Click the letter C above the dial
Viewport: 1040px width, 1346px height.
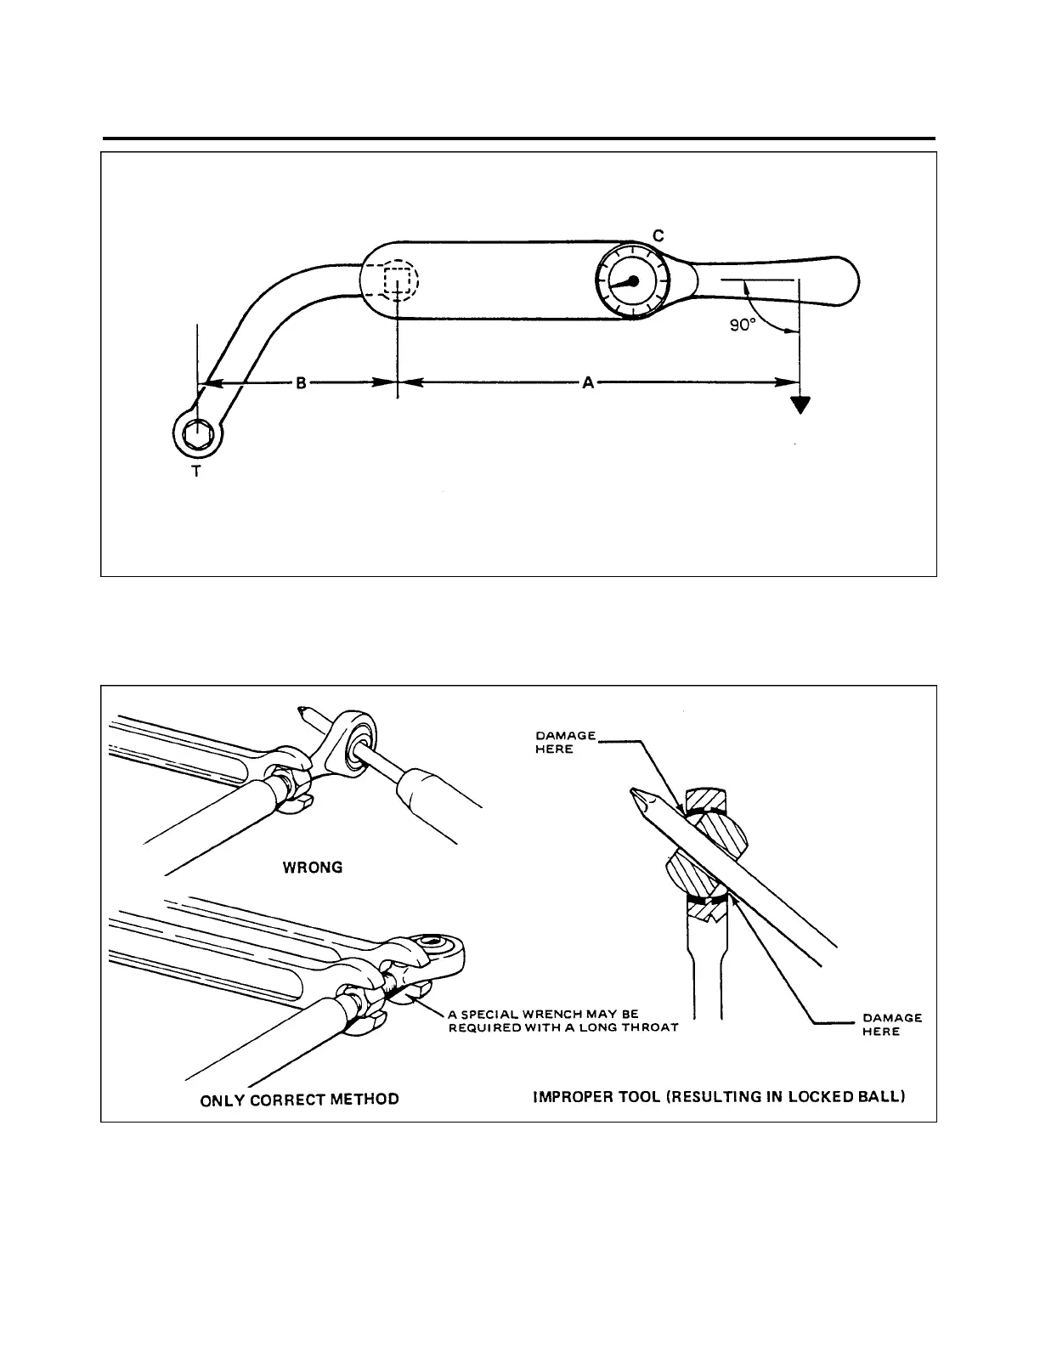tap(658, 235)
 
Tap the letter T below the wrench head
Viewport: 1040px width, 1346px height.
tap(196, 471)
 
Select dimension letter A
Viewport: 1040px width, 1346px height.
tap(587, 383)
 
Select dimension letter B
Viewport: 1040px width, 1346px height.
tap(301, 383)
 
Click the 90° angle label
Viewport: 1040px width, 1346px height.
tap(743, 325)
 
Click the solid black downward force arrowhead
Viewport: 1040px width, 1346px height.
tap(799, 404)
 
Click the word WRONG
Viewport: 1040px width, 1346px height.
tap(313, 868)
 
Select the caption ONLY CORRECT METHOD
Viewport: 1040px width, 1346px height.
tap(299, 1100)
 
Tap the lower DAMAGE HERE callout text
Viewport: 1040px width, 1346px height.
tap(892, 1024)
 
